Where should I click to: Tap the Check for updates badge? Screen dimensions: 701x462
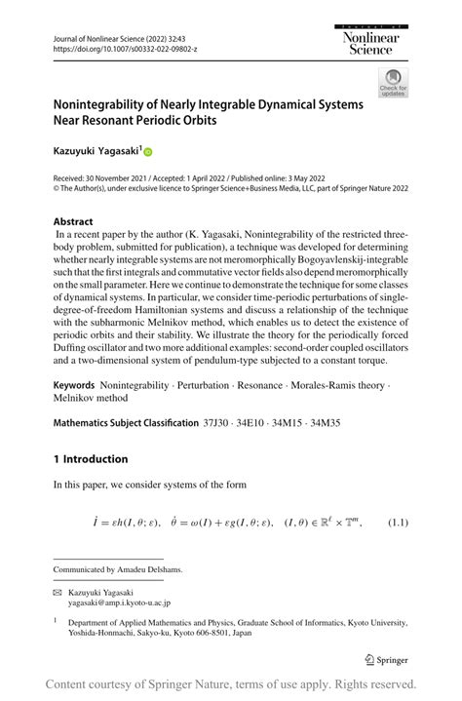[x=393, y=84]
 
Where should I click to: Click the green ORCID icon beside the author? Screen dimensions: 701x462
[x=148, y=152]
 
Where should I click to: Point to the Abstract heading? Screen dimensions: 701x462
[x=73, y=222]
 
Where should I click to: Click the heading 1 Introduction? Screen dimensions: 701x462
[x=91, y=459]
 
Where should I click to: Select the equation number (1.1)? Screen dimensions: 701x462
[x=398, y=525]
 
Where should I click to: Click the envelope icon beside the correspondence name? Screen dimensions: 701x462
[x=58, y=592]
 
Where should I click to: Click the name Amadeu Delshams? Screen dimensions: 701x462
[x=154, y=569]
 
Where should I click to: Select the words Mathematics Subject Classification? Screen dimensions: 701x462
[x=125, y=424]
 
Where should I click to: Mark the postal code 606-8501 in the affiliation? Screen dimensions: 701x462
[x=195, y=631]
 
